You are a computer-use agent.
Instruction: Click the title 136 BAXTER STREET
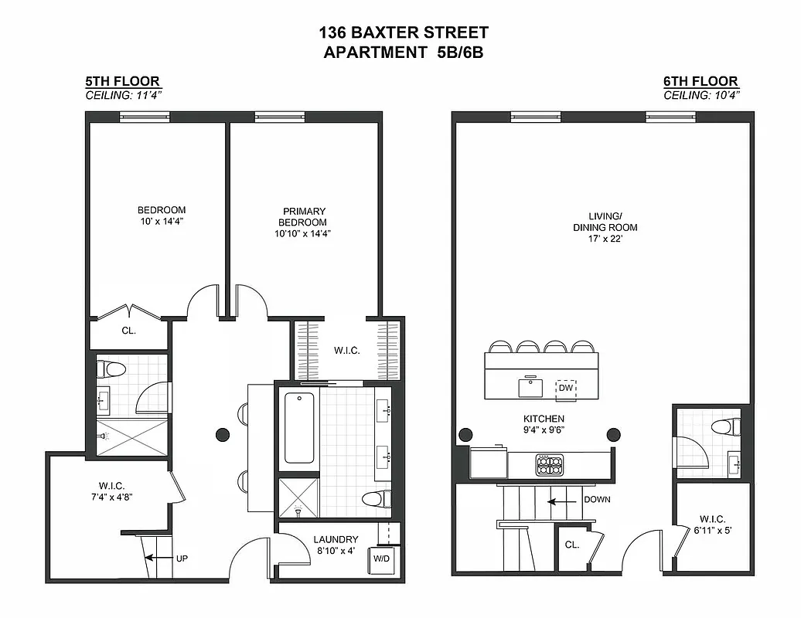pos(403,32)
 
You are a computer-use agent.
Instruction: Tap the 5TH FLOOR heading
pos(122,81)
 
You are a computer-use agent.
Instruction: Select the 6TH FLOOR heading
pos(700,81)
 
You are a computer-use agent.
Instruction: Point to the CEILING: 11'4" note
pos(123,95)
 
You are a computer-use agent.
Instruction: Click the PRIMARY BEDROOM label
pos(304,216)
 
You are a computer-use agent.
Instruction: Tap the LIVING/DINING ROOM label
pos(605,222)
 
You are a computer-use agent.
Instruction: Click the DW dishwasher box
pos(568,389)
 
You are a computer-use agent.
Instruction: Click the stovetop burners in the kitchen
pos(550,464)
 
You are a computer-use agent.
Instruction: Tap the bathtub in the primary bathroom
pos(299,427)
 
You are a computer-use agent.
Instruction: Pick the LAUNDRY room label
pos(336,539)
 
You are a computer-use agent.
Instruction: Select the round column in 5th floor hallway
pos(223,434)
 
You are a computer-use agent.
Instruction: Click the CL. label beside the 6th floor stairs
pos(571,545)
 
